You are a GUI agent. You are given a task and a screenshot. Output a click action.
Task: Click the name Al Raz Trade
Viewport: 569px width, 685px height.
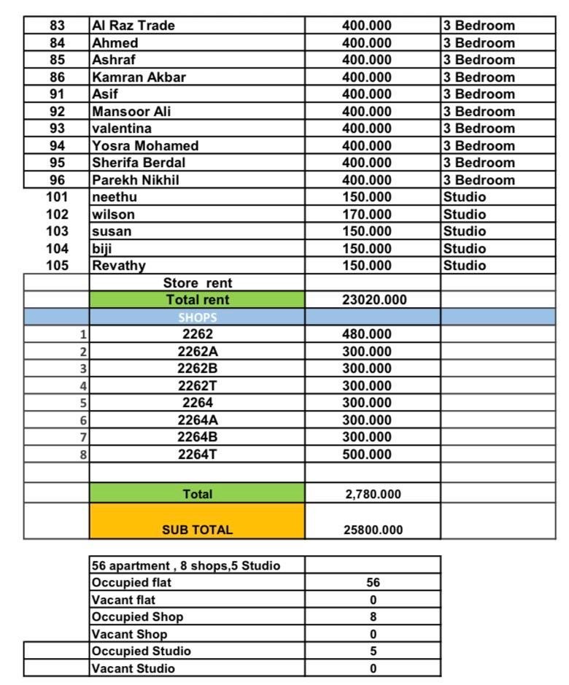coord(133,26)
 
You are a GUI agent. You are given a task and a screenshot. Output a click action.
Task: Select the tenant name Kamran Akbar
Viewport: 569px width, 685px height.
coord(139,77)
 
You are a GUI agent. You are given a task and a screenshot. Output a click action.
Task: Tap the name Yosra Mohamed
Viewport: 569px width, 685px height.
coord(145,146)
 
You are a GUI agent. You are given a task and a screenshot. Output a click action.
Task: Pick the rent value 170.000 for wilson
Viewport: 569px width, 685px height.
coord(367,214)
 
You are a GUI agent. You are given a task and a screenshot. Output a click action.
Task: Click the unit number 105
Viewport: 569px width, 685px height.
coord(57,266)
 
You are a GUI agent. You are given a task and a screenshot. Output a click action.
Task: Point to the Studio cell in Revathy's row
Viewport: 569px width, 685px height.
coord(465,266)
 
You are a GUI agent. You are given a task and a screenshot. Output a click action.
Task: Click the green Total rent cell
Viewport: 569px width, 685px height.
coord(197,300)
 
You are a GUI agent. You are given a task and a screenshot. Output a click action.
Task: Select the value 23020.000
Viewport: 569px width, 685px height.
coord(375,300)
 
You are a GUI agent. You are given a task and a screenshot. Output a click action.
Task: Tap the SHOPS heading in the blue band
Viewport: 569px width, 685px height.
coord(197,317)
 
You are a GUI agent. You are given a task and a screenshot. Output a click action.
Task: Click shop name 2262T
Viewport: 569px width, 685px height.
coord(198,386)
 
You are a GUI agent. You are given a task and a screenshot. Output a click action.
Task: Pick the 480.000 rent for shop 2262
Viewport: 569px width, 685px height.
coord(367,335)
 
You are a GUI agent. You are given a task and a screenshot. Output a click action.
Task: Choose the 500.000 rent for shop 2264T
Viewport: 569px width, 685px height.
coord(367,454)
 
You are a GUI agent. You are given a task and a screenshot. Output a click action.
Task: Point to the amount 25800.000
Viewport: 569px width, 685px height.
coord(373,530)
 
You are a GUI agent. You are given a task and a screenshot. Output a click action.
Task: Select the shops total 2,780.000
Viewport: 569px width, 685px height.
coord(373,494)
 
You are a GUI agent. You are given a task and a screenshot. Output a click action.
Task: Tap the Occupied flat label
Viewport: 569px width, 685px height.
coord(132,583)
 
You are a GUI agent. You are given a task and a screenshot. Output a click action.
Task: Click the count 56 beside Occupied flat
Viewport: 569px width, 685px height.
coord(373,583)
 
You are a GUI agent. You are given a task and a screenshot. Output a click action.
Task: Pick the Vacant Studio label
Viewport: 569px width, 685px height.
coord(133,668)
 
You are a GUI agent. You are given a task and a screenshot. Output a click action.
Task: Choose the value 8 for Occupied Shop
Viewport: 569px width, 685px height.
coord(373,616)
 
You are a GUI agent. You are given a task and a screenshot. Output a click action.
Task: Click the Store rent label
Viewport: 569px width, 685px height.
coord(198,283)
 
